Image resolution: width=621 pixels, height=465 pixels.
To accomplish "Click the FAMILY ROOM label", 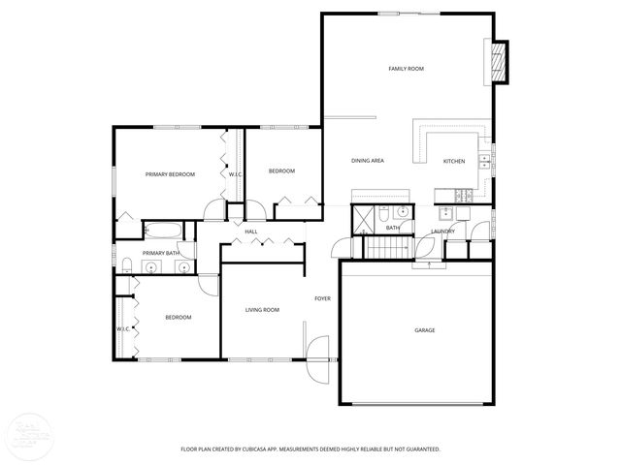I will pyautogui.click(x=407, y=69).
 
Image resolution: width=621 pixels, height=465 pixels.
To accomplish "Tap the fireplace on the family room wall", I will pyautogui.click(x=500, y=63).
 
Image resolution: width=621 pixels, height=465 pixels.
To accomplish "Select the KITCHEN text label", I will pyautogui.click(x=454, y=161).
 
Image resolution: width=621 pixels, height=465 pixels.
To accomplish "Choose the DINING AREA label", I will pyautogui.click(x=368, y=161).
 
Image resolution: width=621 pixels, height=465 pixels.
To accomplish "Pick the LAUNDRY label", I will pyautogui.click(x=443, y=232).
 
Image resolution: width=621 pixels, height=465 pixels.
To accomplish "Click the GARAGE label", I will pyautogui.click(x=425, y=330).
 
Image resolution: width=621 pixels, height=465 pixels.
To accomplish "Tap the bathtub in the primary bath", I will pyautogui.click(x=161, y=231).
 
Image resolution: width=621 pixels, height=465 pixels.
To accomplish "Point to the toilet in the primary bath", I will pyautogui.click(x=127, y=266).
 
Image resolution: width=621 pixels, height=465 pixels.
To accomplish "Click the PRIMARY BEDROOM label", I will pyautogui.click(x=170, y=174).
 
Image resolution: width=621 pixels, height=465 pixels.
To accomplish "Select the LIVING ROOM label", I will pyautogui.click(x=262, y=310).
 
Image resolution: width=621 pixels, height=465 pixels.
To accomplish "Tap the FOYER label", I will pyautogui.click(x=322, y=298).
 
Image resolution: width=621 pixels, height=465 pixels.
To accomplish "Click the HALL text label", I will pyautogui.click(x=251, y=232).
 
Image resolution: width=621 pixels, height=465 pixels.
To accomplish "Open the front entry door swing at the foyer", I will pyautogui.click(x=317, y=356).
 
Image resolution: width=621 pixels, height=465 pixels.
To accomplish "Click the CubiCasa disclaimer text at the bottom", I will pyautogui.click(x=310, y=449).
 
